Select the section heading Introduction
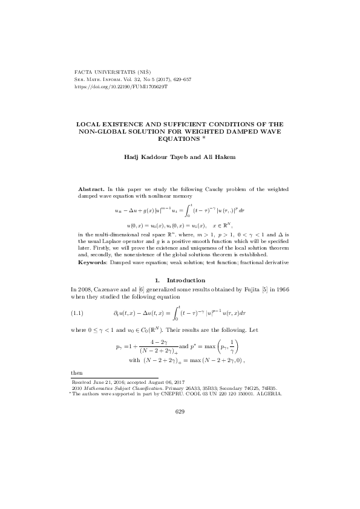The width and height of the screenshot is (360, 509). (186, 280)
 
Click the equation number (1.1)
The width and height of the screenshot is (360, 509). (80, 313)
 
